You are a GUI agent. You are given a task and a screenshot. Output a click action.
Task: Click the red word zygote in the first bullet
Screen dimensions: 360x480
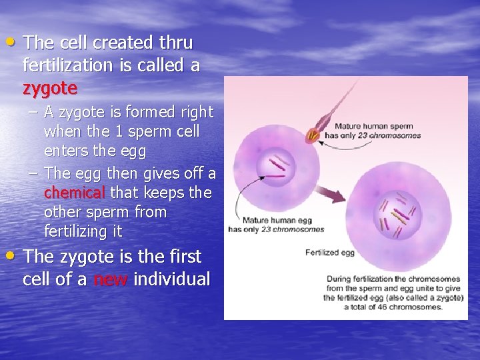coord(50,88)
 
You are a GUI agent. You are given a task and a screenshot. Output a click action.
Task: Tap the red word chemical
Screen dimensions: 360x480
coord(74,193)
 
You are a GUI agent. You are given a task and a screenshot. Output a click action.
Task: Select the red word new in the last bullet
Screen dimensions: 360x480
coord(110,279)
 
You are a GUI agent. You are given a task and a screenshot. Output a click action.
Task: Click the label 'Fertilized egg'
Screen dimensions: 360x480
coord(331,253)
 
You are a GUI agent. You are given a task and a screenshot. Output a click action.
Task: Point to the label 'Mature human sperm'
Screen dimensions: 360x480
coord(373,126)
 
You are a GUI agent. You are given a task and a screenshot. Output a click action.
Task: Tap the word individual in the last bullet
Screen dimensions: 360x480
coord(172,279)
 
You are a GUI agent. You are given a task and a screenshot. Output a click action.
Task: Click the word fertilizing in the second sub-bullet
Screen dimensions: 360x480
coord(74,232)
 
